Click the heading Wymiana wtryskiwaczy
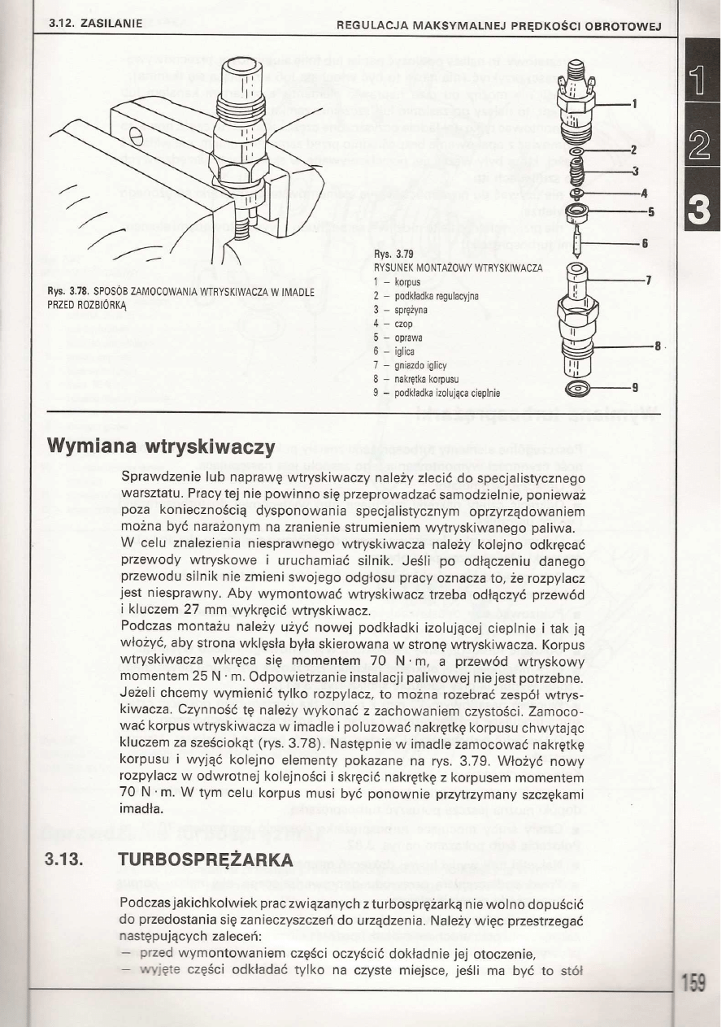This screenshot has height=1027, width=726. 162,446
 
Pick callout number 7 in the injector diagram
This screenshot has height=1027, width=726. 648,281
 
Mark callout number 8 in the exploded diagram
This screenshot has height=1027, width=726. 657,345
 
